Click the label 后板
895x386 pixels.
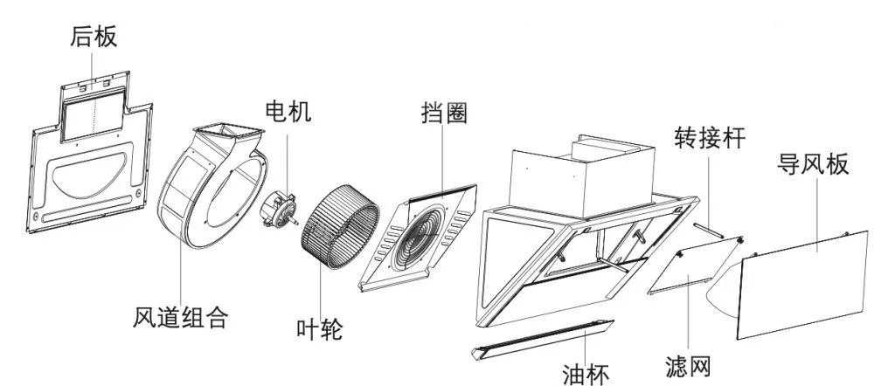tap(94, 36)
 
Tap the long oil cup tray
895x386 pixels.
tap(542, 339)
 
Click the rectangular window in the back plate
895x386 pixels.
tap(94, 114)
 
